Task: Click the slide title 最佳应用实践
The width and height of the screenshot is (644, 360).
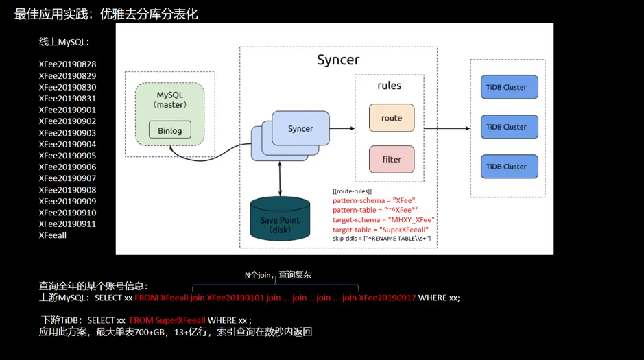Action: click(106, 13)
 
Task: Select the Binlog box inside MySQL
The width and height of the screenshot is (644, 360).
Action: click(169, 130)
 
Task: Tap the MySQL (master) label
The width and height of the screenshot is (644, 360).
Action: click(170, 99)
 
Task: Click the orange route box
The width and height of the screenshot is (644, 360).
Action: click(392, 118)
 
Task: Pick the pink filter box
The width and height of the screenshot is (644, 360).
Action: click(392, 159)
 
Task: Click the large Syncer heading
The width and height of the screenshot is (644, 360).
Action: click(338, 60)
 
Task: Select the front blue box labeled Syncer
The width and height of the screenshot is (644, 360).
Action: click(300, 128)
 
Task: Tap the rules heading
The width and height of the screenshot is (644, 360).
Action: click(390, 86)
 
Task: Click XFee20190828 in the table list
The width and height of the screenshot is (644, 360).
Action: click(67, 64)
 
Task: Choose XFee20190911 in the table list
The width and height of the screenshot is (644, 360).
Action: click(67, 224)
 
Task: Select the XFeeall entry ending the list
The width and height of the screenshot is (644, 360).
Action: click(53, 235)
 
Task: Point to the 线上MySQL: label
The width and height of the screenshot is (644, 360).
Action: click(64, 42)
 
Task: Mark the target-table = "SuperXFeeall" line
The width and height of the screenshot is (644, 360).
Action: click(380, 229)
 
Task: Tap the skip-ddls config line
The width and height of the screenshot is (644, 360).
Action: click(381, 238)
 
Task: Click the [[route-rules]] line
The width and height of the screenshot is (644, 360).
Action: click(352, 191)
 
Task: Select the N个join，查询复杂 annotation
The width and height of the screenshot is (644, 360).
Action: click(278, 274)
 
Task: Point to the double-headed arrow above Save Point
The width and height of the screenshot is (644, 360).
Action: click(280, 180)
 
